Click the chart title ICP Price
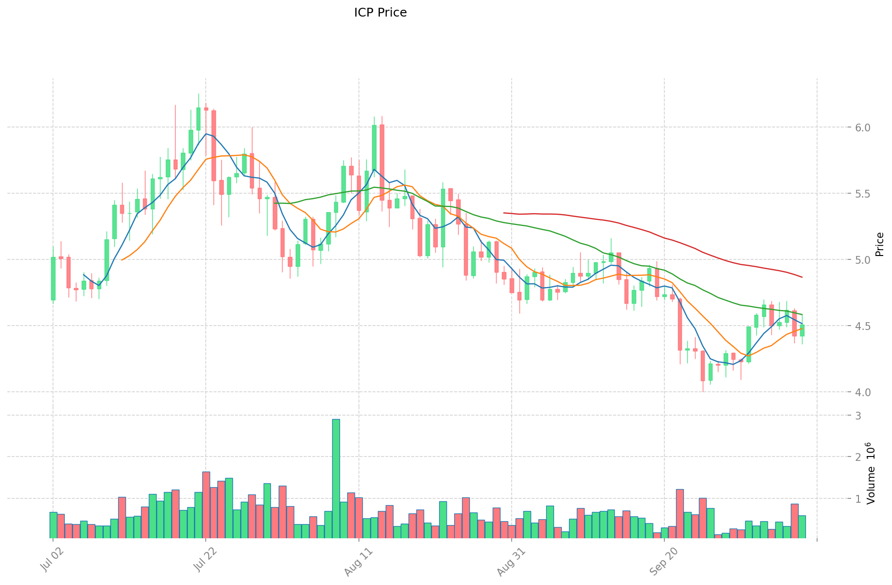[380, 13]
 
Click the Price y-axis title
[879, 244]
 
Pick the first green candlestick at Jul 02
[53, 278]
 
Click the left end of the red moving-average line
[504, 213]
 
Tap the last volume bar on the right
[802, 527]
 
